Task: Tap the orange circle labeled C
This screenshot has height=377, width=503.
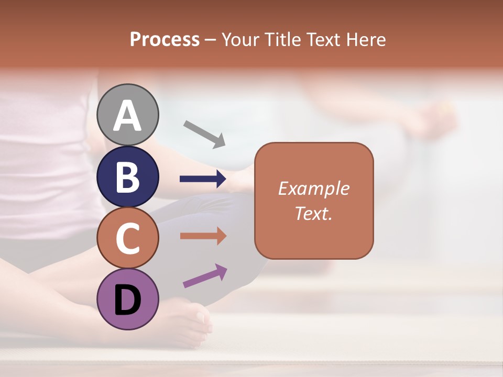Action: (128, 238)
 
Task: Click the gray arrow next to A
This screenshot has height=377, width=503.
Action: (204, 133)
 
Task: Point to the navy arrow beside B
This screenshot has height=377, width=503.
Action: (203, 179)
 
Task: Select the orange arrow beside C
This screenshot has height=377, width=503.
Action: (203, 236)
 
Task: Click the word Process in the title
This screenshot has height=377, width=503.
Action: (165, 39)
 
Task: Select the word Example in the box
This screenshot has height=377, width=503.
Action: (314, 189)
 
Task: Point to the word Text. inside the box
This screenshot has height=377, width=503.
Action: (314, 213)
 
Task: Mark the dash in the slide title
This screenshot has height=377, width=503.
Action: (211, 40)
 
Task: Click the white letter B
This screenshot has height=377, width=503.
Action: (128, 177)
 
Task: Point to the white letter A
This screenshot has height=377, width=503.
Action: (128, 115)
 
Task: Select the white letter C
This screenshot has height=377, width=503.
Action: (128, 238)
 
